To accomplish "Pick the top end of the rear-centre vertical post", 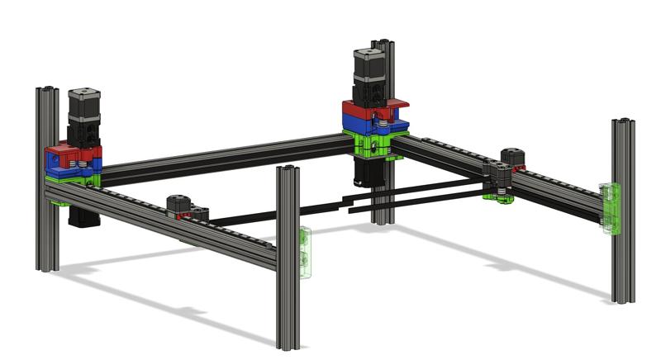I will [x=381, y=45].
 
